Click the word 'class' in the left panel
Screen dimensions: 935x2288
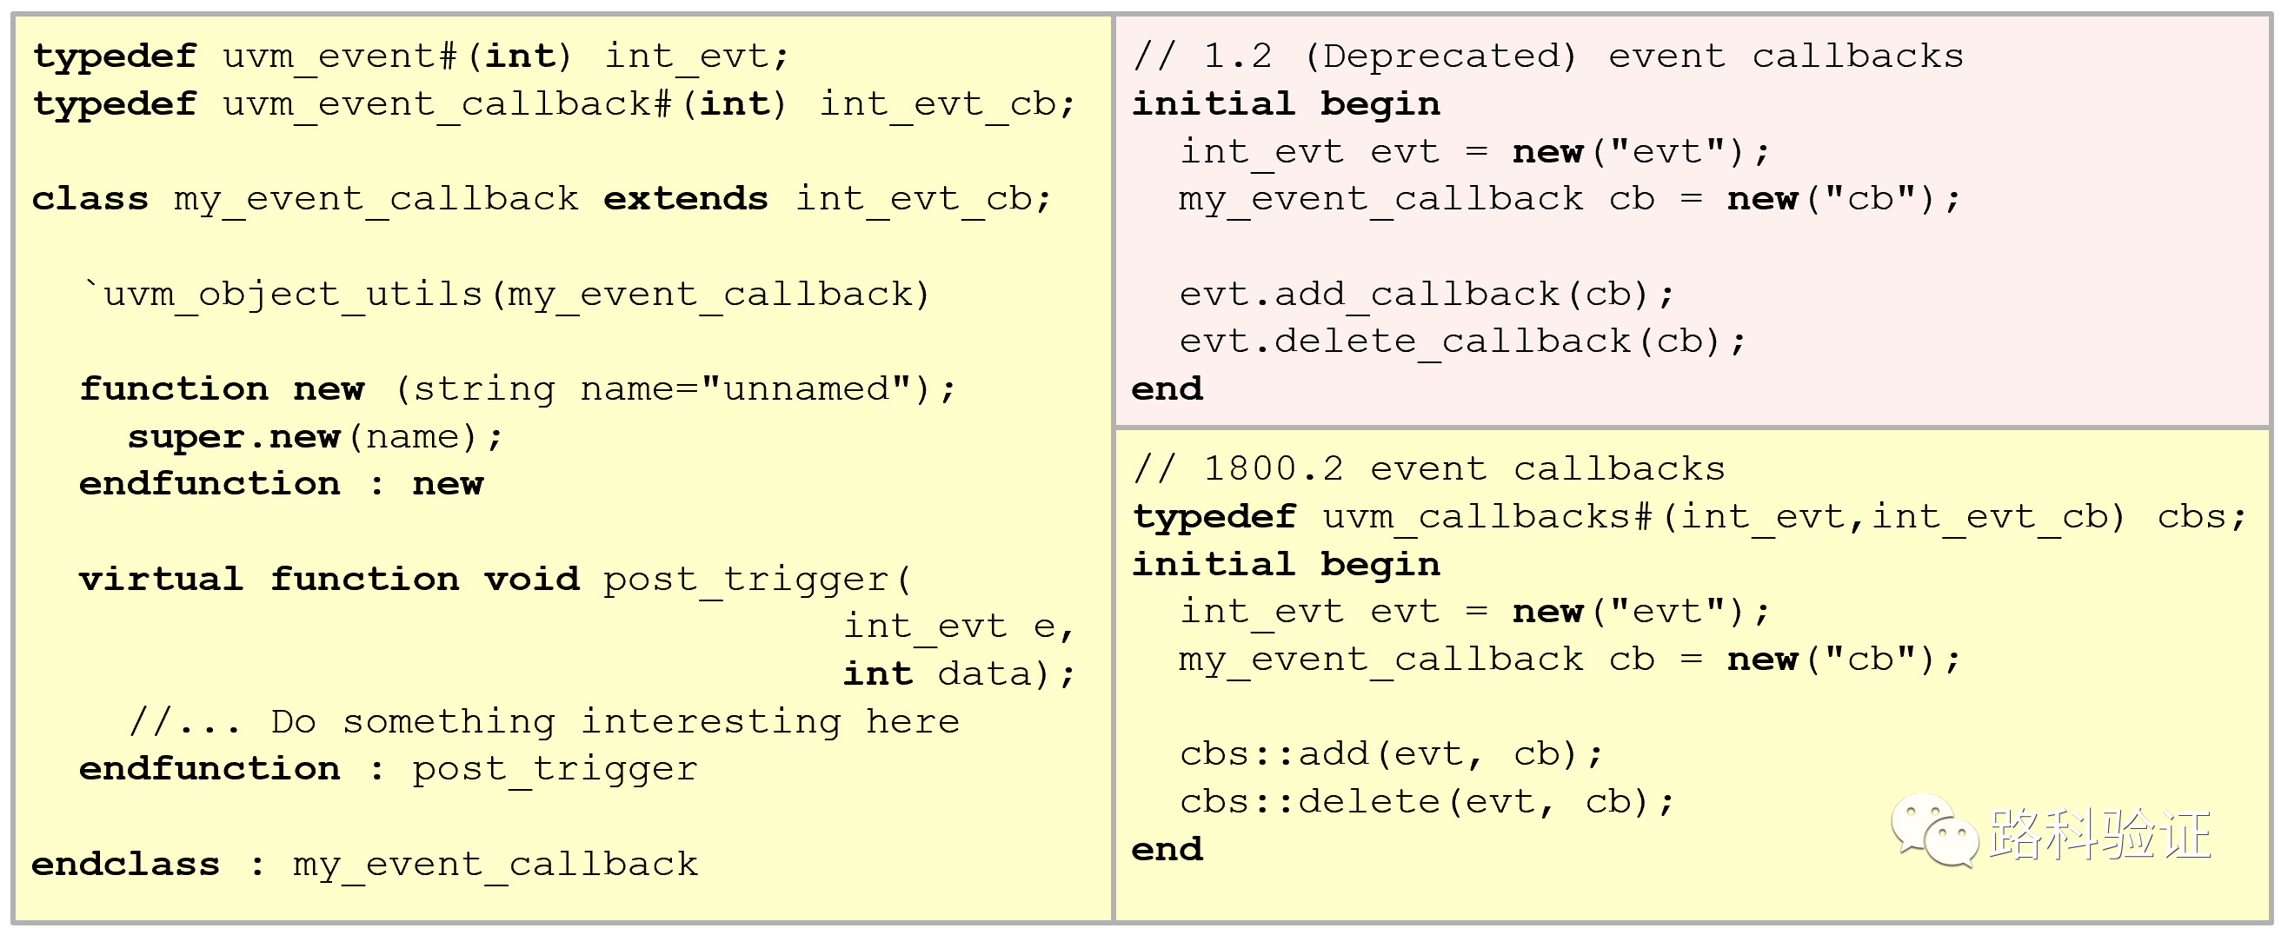tap(90, 199)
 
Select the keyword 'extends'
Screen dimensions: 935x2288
tap(685, 199)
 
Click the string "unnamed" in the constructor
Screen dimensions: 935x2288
tap(807, 389)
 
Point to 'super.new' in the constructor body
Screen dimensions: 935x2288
tap(234, 437)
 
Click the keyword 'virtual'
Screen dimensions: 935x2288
tap(161, 579)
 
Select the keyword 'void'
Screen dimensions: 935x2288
tap(531, 579)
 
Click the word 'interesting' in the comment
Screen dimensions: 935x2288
tap(710, 722)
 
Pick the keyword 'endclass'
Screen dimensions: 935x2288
tap(125, 864)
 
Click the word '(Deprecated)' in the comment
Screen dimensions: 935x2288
tap(1440, 56)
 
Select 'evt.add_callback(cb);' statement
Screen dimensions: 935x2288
tap(1427, 294)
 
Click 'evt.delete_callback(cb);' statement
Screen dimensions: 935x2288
tap(1462, 342)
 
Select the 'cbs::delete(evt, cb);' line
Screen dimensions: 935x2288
tap(1427, 802)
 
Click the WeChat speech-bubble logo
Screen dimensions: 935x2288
tap(1934, 830)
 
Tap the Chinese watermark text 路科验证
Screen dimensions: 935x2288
tap(2099, 835)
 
